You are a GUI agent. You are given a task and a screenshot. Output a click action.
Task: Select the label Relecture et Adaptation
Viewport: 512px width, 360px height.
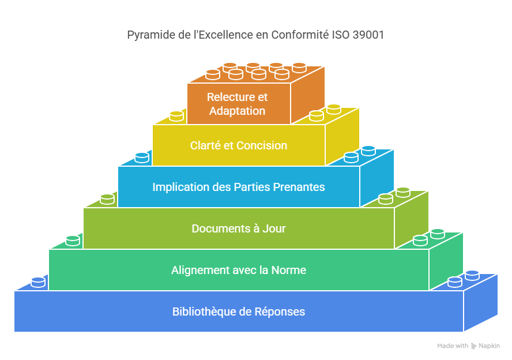tap(238, 104)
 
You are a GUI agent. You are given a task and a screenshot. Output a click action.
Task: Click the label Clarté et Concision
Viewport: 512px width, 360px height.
tap(239, 145)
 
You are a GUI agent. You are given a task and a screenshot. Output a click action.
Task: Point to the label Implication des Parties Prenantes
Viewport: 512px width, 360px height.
tap(239, 187)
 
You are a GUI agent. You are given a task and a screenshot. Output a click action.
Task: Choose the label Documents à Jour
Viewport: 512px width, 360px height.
tap(239, 228)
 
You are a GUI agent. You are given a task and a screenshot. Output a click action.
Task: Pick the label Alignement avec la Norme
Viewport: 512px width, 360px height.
tap(239, 270)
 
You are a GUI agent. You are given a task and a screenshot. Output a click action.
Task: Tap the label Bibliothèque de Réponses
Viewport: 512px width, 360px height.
tap(239, 312)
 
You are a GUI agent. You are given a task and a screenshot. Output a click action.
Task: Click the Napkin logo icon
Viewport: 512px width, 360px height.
tap(474, 346)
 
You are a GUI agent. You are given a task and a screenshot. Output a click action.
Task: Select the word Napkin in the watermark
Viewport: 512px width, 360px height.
tap(490, 346)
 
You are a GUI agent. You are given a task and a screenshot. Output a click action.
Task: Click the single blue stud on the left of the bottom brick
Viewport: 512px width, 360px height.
tap(38, 282)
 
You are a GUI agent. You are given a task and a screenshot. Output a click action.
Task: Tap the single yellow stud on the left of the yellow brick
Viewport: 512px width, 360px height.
tap(176, 115)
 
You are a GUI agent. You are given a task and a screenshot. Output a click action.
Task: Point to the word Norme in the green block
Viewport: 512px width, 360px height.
tap(291, 270)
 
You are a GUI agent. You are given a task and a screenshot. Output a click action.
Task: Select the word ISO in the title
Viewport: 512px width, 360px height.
tap(340, 35)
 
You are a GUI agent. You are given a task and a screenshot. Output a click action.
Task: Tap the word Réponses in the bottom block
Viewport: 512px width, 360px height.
tap(282, 312)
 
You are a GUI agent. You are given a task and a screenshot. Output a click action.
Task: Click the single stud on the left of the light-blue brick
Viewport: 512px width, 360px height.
tap(142, 157)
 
